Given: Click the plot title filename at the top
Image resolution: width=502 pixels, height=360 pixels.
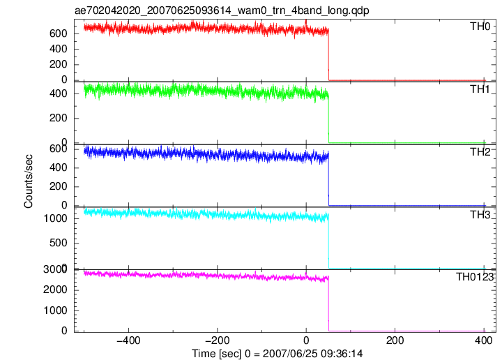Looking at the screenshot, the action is coord(222,10).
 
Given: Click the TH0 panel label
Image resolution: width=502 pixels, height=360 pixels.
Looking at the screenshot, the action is coord(480,27).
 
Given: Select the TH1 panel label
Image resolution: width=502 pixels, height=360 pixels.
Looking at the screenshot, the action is coord(480,89).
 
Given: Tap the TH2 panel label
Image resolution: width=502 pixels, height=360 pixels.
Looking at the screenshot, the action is coord(480,152).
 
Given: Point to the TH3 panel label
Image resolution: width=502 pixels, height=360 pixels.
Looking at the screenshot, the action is coord(480,215).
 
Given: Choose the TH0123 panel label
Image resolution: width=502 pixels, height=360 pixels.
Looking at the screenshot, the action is coord(475,277).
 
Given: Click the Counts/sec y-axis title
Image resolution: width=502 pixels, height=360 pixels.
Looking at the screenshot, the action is coord(28,181).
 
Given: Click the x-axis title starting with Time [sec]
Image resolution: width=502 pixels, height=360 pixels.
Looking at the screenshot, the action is coord(277,354).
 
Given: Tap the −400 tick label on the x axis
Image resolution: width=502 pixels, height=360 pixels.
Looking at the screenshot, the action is coord(128,340).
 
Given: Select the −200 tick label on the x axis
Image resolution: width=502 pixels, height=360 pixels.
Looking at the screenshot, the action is coord(217,340).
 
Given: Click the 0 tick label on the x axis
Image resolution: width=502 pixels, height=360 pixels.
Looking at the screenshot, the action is coord(306,340).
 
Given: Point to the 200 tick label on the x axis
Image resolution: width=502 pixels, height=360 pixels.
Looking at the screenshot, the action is coord(395,340).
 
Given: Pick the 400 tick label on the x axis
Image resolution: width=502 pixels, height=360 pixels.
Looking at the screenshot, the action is coord(483,340).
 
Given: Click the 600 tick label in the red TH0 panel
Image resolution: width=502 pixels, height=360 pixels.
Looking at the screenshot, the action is coord(59,33).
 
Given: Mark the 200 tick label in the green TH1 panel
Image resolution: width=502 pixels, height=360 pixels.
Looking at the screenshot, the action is coord(59,118).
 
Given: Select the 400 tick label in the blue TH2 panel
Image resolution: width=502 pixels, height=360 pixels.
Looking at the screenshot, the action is coord(59,167).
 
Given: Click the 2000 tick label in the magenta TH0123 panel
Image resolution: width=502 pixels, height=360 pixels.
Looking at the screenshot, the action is coord(55,290).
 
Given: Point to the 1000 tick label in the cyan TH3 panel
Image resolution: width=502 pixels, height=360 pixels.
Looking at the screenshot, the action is coord(55,218).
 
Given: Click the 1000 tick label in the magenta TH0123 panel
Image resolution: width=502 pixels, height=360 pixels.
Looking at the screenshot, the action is coord(55,310).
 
